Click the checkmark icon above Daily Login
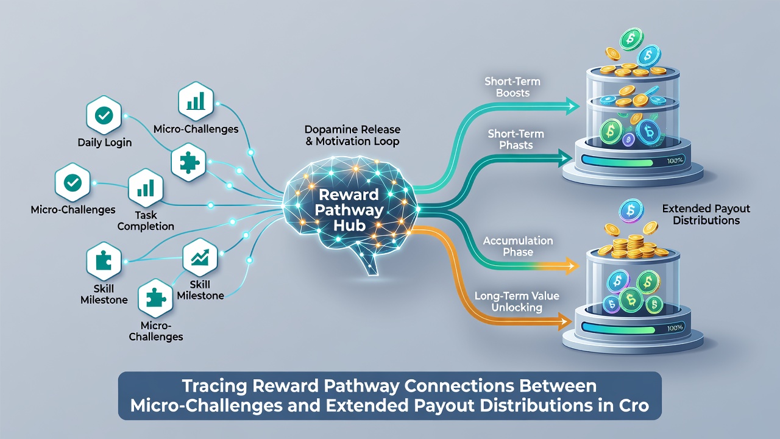[104, 115]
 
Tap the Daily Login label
[104, 143]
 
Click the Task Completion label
[146, 221]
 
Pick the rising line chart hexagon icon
[200, 257]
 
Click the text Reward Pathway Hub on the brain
[349, 210]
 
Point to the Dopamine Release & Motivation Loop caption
[352, 135]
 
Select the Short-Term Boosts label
[512, 87]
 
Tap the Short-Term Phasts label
[516, 140]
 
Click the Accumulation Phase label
[518, 246]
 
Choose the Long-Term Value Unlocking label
[517, 302]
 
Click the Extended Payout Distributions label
[706, 214]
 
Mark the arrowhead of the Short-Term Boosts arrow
[572, 106]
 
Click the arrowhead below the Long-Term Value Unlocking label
[565, 321]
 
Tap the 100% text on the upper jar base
[675, 160]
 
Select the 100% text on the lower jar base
[675, 328]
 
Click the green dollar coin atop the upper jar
[631, 38]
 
